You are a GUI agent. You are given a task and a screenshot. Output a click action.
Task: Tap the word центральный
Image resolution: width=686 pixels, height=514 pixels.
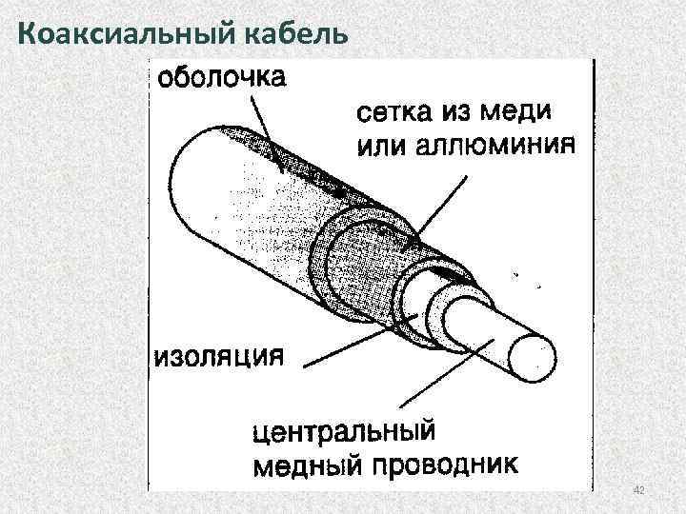pyautogui.click(x=343, y=433)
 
